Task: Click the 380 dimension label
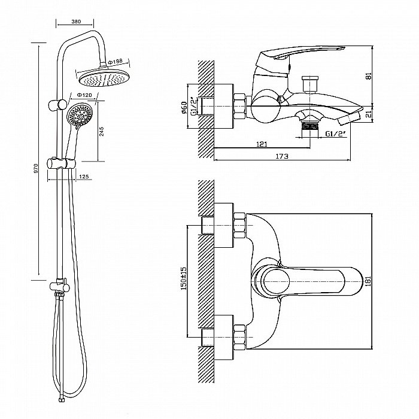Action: click(x=75, y=21)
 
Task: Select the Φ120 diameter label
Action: click(x=84, y=96)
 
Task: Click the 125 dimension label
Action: click(x=84, y=177)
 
